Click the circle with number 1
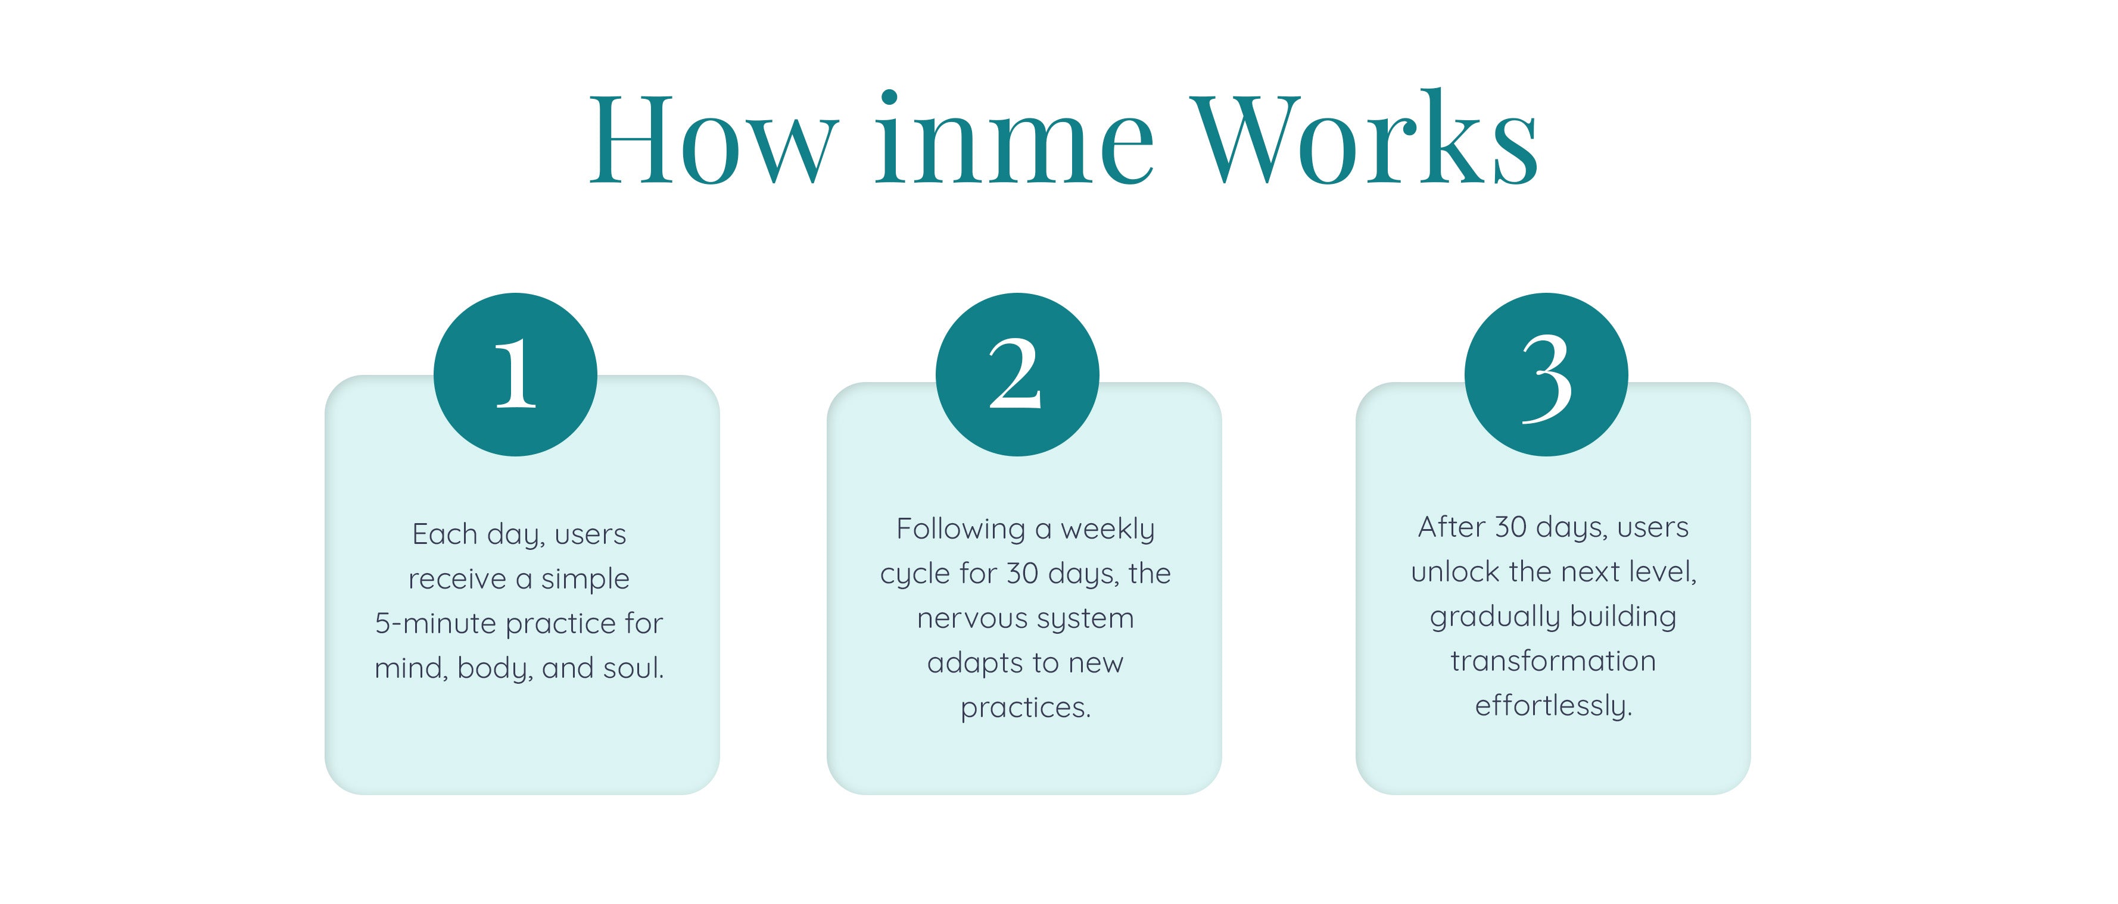click(516, 375)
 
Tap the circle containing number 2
click(1017, 375)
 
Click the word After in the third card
click(1451, 527)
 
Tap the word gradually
click(1484, 617)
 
